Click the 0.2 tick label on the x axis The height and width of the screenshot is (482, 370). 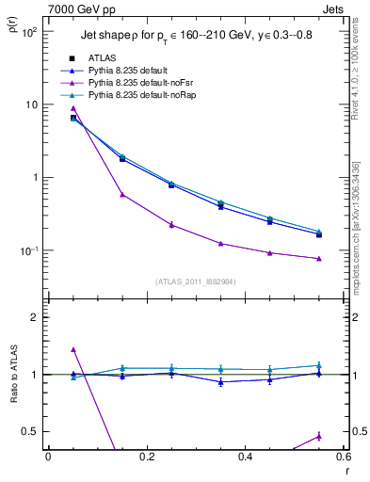coord(146,458)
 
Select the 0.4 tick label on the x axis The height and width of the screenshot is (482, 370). coord(245,458)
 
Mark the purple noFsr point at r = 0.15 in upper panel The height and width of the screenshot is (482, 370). coord(122,195)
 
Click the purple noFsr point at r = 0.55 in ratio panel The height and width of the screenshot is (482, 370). coord(319,436)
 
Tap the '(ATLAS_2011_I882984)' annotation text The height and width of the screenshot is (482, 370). coord(196,281)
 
